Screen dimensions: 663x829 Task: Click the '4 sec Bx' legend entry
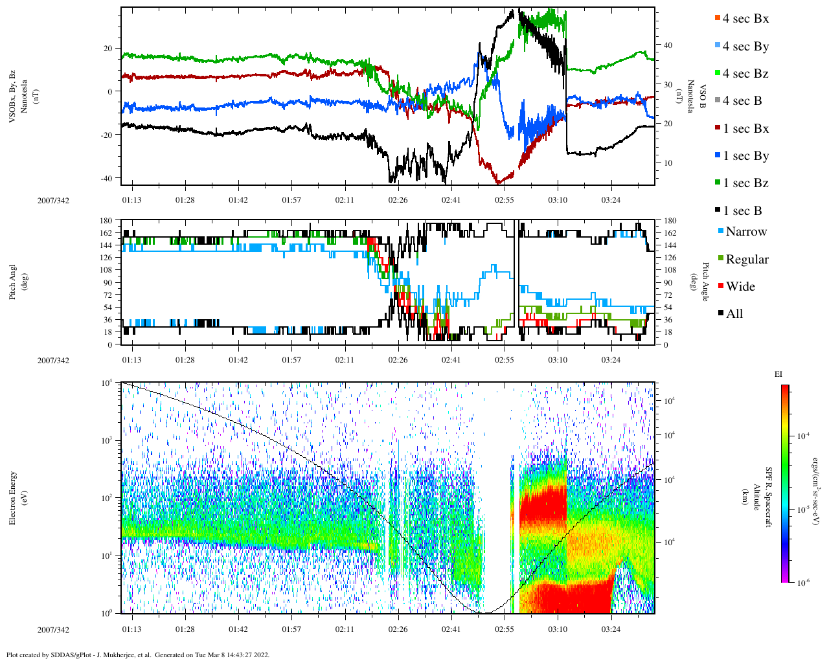tap(745, 19)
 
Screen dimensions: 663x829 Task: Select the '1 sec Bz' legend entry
tap(745, 183)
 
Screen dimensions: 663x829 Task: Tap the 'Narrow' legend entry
tap(745, 232)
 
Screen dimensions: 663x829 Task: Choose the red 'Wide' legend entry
tap(740, 287)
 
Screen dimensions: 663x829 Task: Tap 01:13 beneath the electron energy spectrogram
tap(131, 629)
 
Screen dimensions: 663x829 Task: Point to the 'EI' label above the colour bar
tap(778, 374)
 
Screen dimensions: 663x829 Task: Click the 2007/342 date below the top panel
tap(53, 201)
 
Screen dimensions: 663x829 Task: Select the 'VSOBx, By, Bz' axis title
tap(13, 91)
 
